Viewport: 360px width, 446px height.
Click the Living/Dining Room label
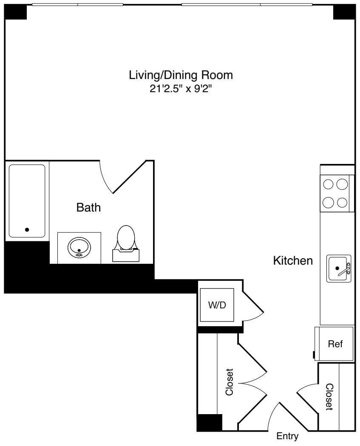tap(181, 76)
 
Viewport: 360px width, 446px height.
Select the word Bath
tap(88, 208)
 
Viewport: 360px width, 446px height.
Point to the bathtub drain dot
tap(27, 230)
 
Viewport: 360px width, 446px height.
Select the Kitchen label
tap(293, 260)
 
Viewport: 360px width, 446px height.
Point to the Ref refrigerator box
tap(335, 344)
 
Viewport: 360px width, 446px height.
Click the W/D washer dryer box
tap(217, 305)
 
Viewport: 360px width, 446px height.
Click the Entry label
tap(287, 436)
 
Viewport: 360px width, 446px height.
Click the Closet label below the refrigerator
tap(329, 397)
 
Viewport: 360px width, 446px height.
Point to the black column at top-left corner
tap(16, 13)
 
